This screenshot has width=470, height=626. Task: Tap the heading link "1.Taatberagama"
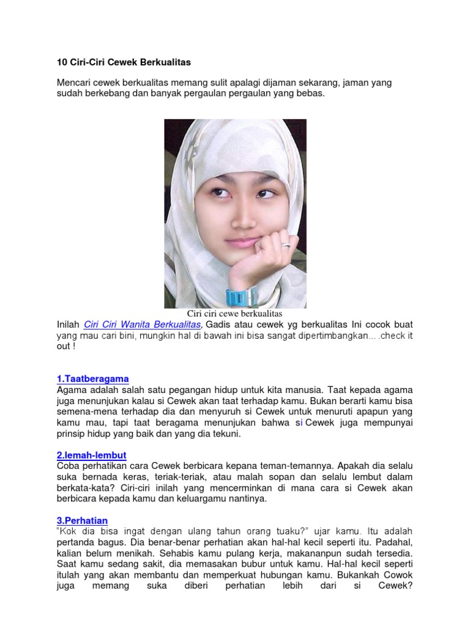coord(92,379)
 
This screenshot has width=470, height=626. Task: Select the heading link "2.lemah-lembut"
coord(91,456)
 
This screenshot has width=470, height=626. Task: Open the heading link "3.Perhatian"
coord(82,520)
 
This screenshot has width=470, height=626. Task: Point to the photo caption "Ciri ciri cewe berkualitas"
coord(234,314)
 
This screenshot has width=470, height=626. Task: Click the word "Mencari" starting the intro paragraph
coord(74,83)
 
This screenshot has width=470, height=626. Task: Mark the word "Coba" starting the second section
coord(68,466)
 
